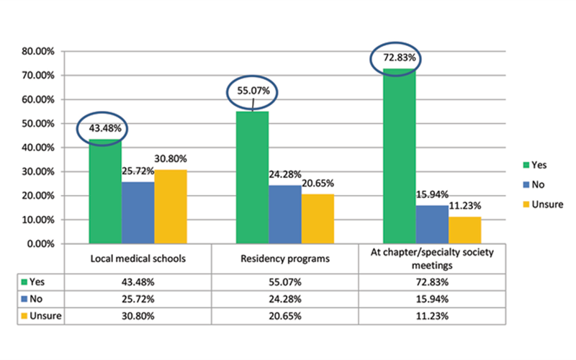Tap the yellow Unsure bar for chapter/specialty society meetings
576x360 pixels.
[x=465, y=230]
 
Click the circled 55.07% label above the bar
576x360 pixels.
[x=252, y=91]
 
